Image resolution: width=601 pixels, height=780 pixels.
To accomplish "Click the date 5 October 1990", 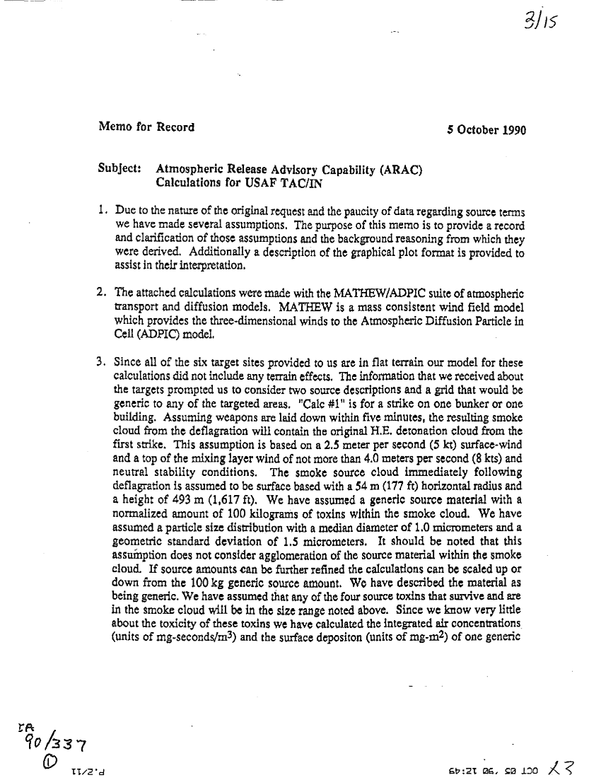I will pos(486,129).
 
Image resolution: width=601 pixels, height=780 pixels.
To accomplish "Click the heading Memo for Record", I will pos(146,127).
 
